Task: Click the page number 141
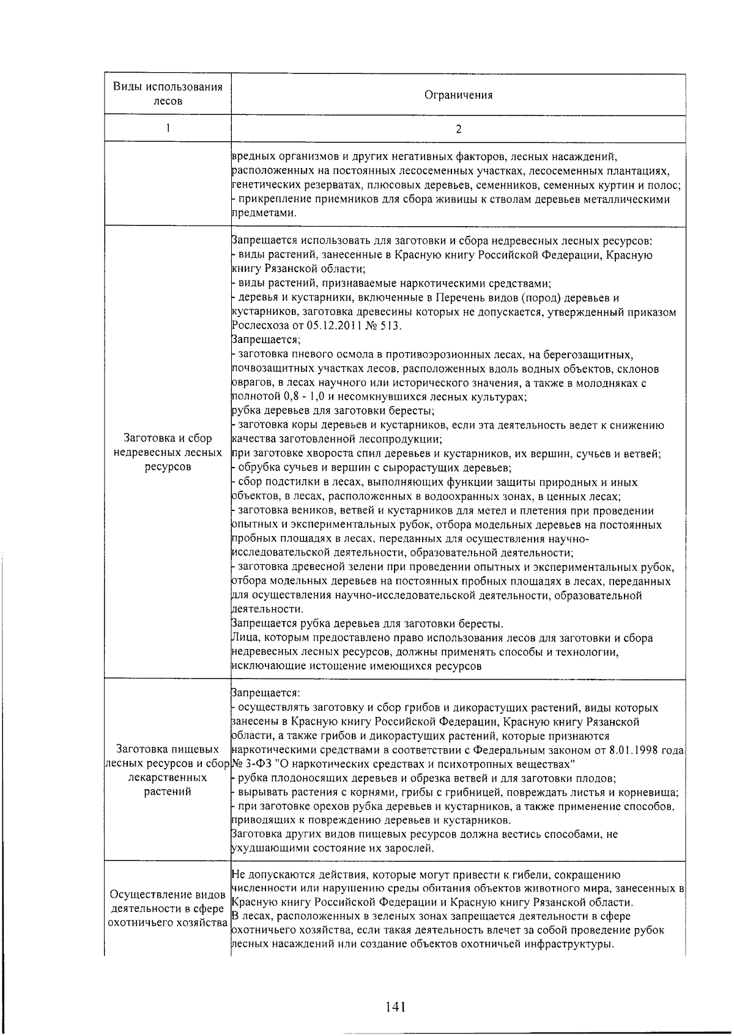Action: click(396, 1006)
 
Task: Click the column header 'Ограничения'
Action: click(458, 95)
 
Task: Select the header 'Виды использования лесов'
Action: click(168, 94)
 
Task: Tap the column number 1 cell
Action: click(168, 128)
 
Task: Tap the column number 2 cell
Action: click(458, 129)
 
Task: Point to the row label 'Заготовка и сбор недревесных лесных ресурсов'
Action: click(168, 452)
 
